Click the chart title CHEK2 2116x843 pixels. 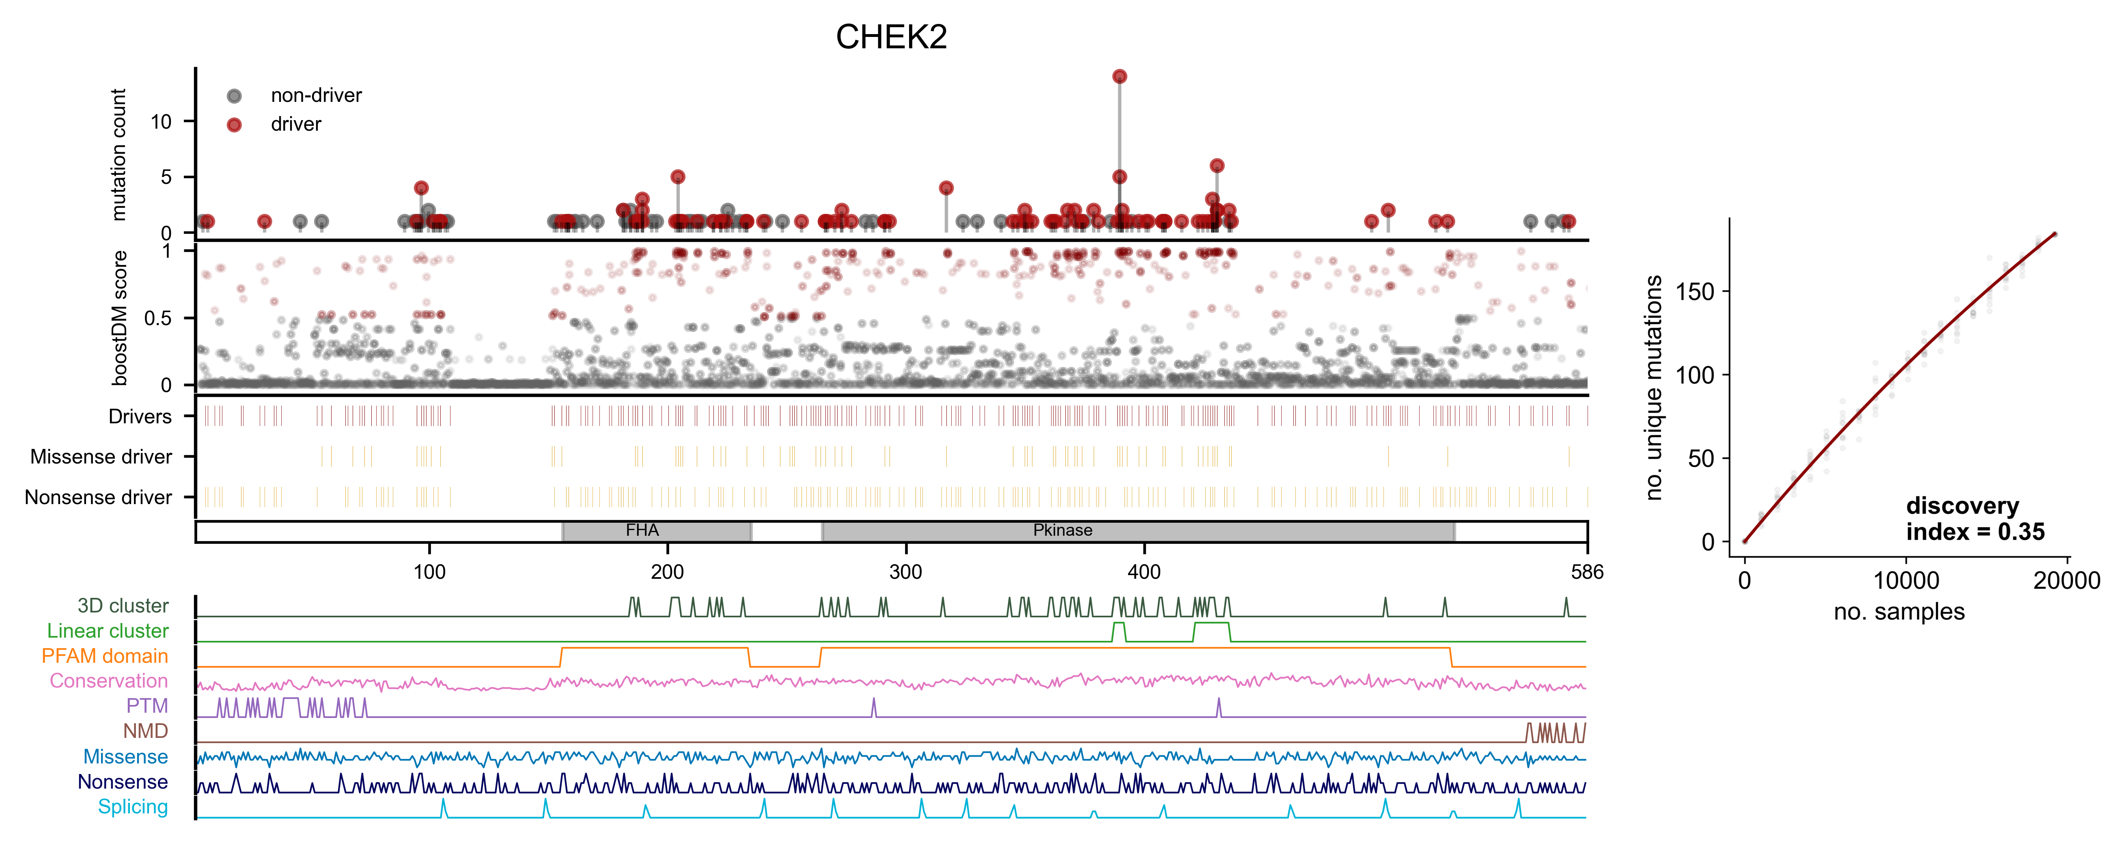(891, 37)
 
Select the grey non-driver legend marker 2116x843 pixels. (234, 96)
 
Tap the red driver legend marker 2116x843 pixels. (234, 125)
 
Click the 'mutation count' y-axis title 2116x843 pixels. (119, 155)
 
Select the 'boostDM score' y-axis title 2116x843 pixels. (120, 318)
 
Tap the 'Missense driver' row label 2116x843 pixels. (101, 457)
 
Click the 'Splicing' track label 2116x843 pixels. (133, 807)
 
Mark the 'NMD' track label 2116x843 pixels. (145, 731)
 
